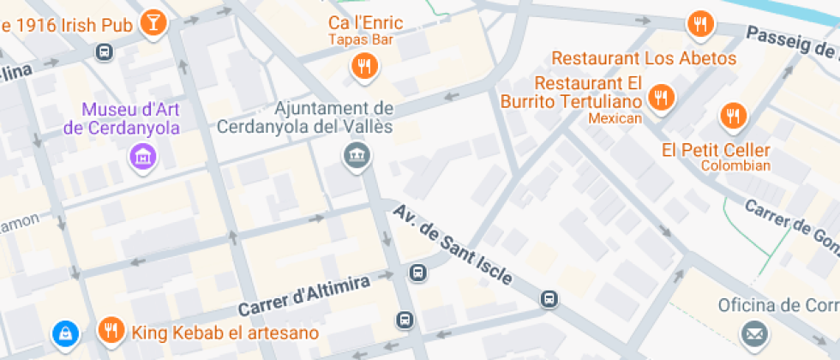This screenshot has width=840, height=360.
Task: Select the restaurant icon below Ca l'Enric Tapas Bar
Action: (365, 66)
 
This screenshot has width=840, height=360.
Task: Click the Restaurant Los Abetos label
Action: (644, 59)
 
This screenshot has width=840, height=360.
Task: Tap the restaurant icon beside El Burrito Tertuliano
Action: (660, 98)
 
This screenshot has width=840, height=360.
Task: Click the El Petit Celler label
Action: (716, 150)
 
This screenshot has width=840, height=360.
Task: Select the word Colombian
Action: (735, 165)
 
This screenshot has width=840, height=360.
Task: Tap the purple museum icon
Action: (142, 156)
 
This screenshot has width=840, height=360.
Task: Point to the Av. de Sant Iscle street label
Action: (453, 244)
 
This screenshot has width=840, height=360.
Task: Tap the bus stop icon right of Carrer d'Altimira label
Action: (418, 274)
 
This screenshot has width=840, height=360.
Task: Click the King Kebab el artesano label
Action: (224, 333)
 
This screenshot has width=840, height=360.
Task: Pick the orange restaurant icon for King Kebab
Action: (110, 331)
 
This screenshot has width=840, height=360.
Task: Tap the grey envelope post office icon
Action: (754, 333)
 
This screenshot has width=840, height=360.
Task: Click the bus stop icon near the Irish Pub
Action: (105, 53)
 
